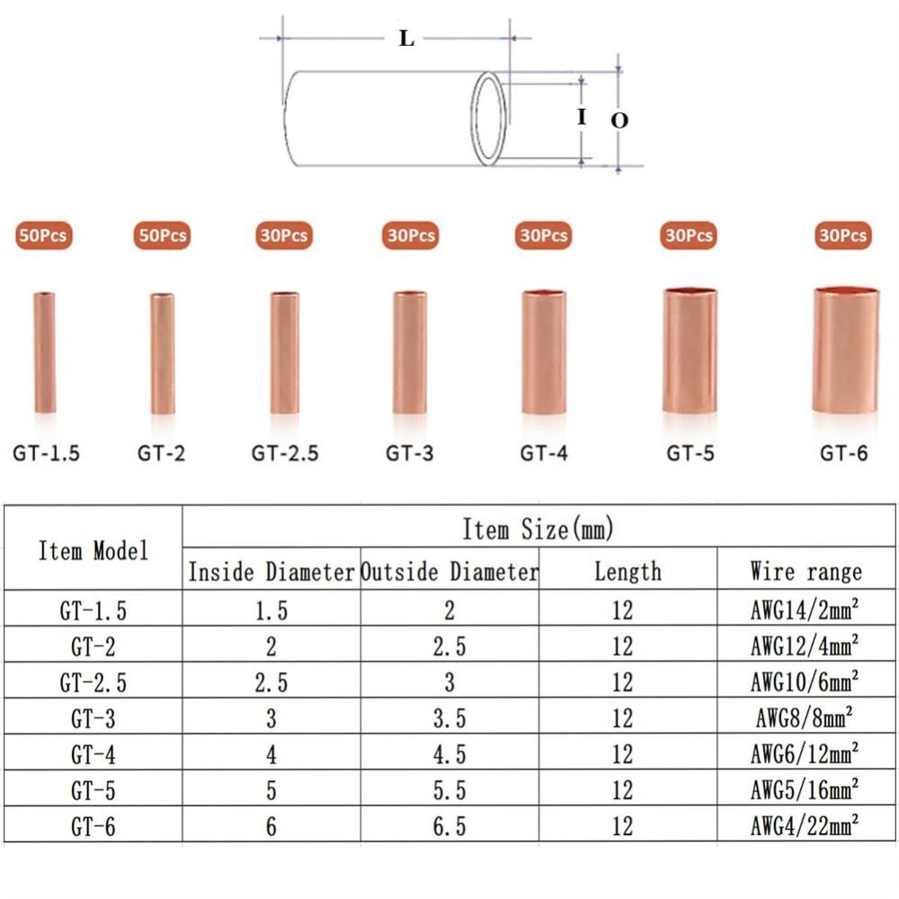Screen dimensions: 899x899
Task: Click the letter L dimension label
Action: pos(407,39)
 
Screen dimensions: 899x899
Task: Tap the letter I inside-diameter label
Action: pos(582,117)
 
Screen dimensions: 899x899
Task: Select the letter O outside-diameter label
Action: pos(619,120)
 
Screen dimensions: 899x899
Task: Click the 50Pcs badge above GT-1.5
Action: pos(42,236)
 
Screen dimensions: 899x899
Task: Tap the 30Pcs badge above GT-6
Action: pos(843,236)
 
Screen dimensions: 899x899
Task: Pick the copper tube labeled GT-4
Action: pos(544,352)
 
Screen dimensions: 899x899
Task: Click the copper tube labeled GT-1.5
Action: pos(45,352)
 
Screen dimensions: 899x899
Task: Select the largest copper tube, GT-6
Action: pos(845,351)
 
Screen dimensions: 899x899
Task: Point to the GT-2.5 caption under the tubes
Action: pos(285,453)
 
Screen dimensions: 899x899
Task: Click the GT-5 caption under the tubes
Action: pos(690,453)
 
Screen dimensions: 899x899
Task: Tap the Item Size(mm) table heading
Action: pos(538,529)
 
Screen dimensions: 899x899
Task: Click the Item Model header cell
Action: pos(93,550)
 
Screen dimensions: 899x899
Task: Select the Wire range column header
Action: pos(806,571)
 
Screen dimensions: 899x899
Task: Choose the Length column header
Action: pos(627,571)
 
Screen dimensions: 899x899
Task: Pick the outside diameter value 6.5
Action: pos(449,825)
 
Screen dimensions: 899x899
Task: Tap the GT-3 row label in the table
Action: pos(93,717)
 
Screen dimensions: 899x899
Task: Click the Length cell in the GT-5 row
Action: pos(622,789)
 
